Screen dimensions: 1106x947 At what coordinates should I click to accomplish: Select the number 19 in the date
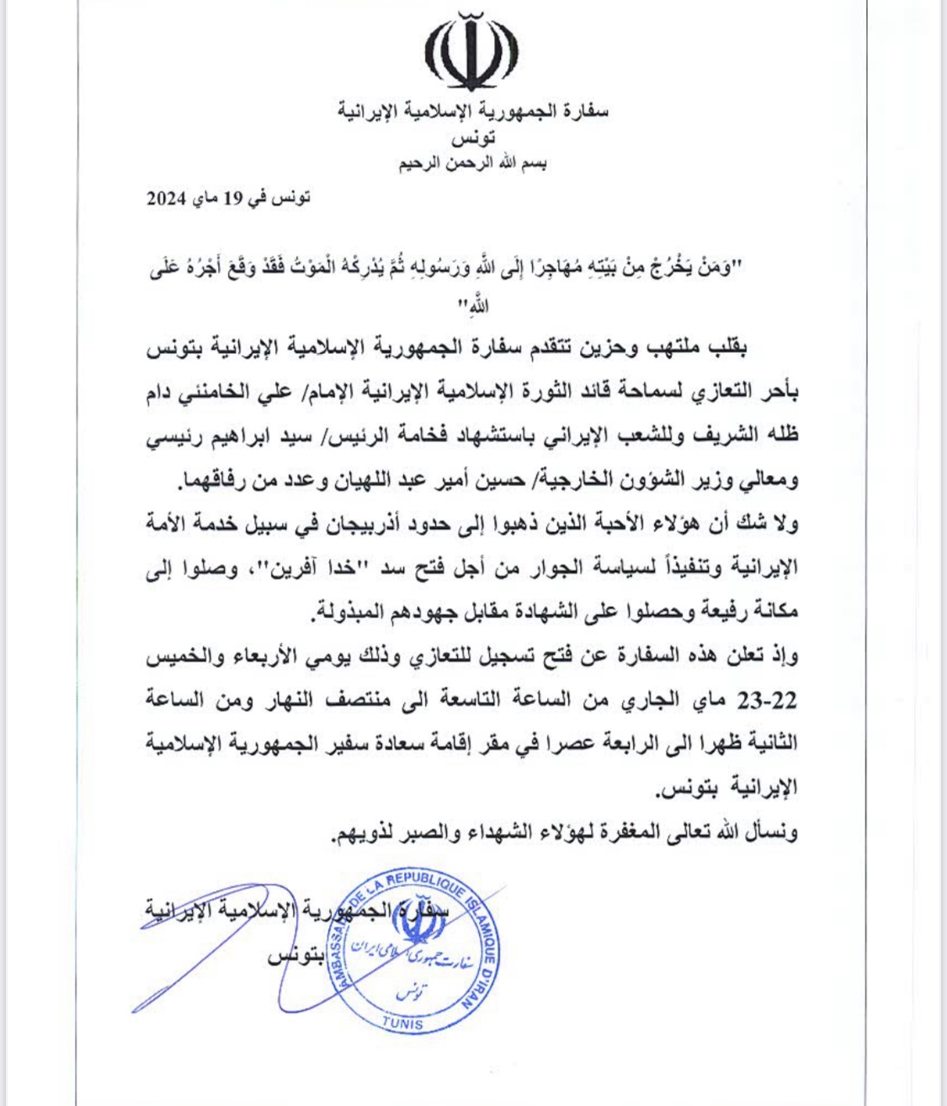(x=231, y=199)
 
